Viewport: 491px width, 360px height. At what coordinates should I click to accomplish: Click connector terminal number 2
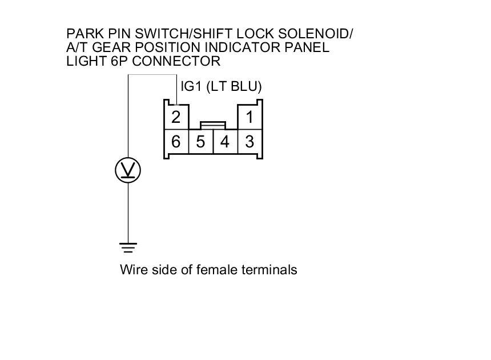176,118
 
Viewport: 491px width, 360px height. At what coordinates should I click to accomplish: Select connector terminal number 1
249,118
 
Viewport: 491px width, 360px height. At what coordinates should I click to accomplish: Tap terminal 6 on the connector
176,142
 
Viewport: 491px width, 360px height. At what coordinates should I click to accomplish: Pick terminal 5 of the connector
200,142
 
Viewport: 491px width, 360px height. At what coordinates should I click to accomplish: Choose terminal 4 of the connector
225,142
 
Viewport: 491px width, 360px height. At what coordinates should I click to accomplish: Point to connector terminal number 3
249,142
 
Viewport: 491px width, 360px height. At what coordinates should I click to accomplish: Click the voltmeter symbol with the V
128,170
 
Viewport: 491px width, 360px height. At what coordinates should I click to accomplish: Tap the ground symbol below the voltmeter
128,248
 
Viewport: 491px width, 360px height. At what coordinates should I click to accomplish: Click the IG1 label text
191,87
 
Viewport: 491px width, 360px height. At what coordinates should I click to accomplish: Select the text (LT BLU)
234,87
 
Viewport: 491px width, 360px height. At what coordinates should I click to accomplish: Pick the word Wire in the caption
132,270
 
